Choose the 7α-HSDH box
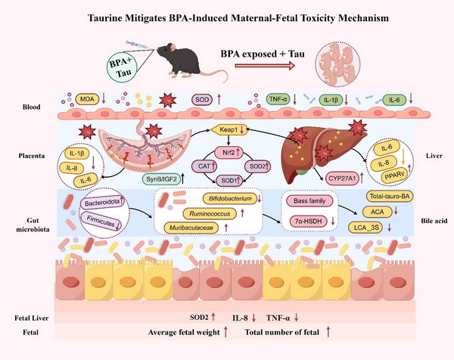point(306,219)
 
